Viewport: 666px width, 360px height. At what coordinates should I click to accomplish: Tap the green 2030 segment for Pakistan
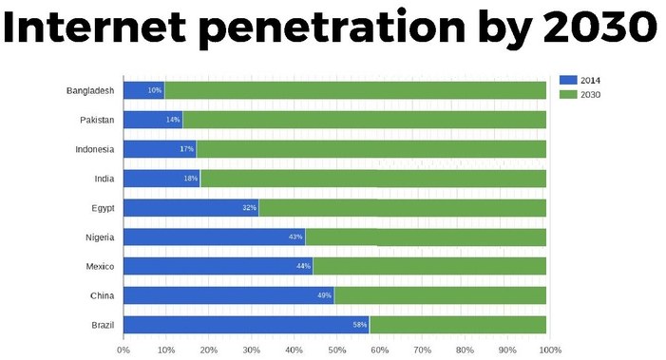[x=364, y=120]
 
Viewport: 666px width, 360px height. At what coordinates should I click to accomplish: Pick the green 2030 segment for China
[x=440, y=295]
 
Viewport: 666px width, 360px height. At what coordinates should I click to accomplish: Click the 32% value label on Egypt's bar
[x=249, y=208]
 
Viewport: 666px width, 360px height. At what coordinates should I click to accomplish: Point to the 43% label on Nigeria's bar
[x=295, y=237]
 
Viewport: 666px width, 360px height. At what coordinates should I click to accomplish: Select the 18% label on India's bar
[x=190, y=179]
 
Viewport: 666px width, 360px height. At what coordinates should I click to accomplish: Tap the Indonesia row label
[x=94, y=149]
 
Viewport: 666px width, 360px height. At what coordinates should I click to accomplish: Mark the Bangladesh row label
[x=90, y=90]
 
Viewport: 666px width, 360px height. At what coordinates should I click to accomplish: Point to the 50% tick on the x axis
[x=336, y=350]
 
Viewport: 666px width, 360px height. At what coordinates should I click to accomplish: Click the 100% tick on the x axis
[x=550, y=350]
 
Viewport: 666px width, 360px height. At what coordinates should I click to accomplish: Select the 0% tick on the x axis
[x=124, y=350]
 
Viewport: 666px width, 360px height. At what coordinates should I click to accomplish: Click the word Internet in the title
[x=99, y=28]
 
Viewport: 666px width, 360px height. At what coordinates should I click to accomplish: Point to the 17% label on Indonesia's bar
[x=186, y=149]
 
